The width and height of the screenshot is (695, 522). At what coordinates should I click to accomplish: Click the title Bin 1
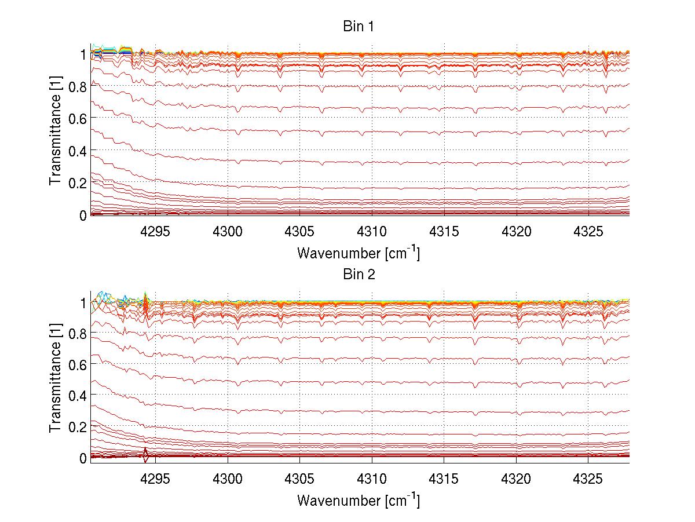point(360,27)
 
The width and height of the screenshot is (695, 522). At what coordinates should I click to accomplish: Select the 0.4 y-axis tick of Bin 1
point(76,151)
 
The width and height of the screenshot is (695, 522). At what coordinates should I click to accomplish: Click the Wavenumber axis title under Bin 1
point(359,253)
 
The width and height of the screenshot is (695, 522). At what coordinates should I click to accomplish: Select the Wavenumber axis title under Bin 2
point(359,500)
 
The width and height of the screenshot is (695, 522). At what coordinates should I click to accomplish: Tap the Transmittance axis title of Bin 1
point(56,134)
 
